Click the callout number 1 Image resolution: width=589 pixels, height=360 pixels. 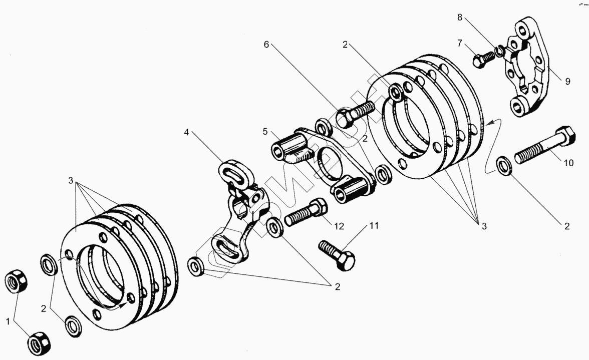click(x=8, y=322)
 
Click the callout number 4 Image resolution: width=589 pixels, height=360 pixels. click(x=186, y=133)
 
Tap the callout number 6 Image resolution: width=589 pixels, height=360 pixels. click(x=267, y=44)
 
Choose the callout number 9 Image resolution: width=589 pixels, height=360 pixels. click(x=567, y=82)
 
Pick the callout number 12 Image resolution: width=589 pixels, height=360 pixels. click(x=339, y=226)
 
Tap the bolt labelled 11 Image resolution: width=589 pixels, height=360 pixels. click(x=337, y=253)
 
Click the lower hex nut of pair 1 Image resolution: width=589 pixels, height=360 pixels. click(x=39, y=342)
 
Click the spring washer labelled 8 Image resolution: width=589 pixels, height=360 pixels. click(x=499, y=52)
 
